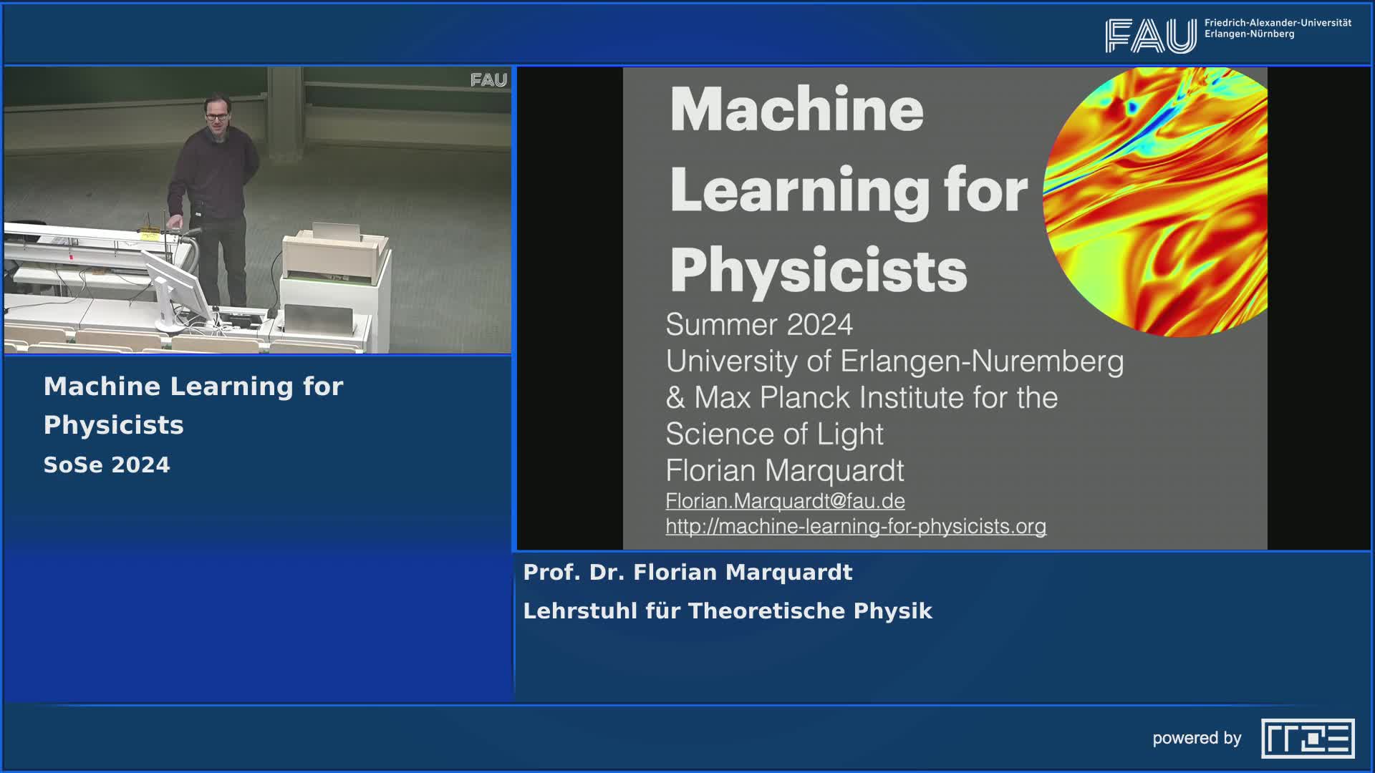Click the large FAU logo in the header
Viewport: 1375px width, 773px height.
pyautogui.click(x=1150, y=36)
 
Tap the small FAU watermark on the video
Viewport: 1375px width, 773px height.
pyautogui.click(x=488, y=80)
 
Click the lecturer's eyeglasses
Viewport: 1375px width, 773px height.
pyautogui.click(x=216, y=116)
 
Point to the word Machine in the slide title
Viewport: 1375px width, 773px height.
pyautogui.click(x=796, y=110)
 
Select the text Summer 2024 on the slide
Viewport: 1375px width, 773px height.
pyautogui.click(x=759, y=324)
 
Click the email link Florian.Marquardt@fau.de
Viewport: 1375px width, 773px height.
pyautogui.click(x=785, y=501)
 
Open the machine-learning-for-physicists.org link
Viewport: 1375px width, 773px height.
pyautogui.click(x=856, y=526)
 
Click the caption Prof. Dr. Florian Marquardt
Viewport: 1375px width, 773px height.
pyautogui.click(x=687, y=573)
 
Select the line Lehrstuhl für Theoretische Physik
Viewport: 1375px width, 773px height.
pyautogui.click(x=728, y=611)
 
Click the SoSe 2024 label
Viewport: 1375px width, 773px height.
pyautogui.click(x=107, y=465)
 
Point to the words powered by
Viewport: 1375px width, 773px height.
pyautogui.click(x=1197, y=739)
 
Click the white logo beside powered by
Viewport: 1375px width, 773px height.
pyautogui.click(x=1308, y=738)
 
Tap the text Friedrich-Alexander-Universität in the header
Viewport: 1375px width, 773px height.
pyautogui.click(x=1278, y=23)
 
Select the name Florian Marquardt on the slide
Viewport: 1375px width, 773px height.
pyautogui.click(x=785, y=471)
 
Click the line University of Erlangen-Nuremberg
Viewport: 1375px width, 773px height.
pyautogui.click(x=894, y=361)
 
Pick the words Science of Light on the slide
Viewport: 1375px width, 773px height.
pyautogui.click(x=775, y=434)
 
